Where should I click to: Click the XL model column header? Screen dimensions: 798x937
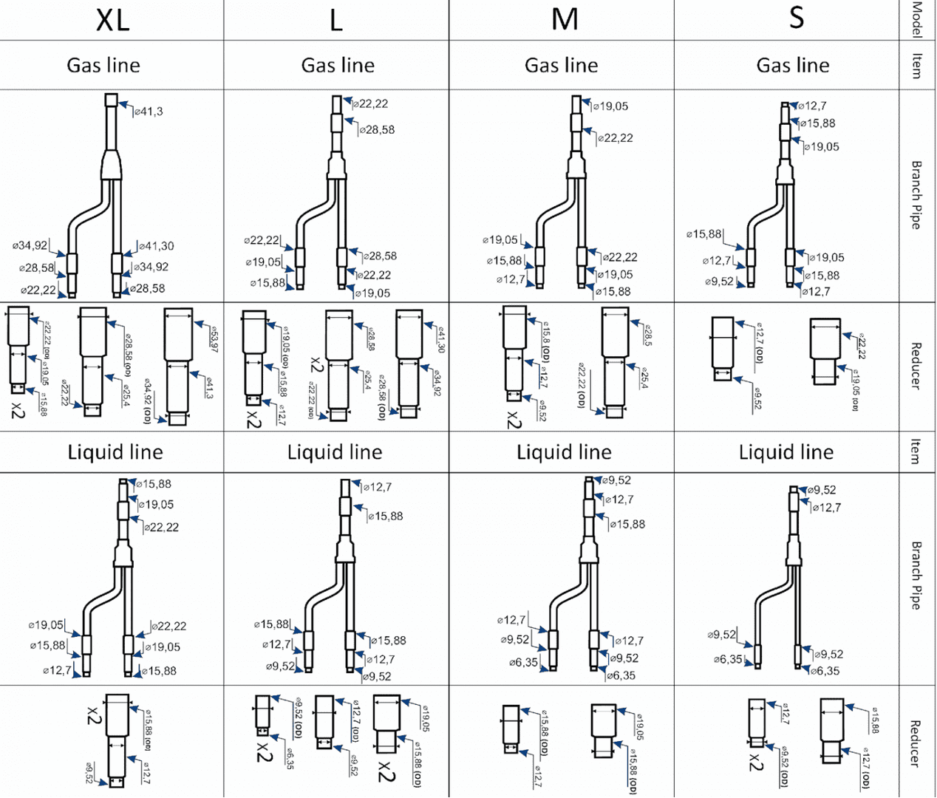pos(112,20)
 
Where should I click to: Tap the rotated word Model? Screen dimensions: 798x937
pos(917,19)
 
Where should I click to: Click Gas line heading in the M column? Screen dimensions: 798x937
pos(561,66)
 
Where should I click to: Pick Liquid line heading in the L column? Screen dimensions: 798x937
pos(335,452)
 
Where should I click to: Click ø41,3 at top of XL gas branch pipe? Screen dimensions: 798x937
pos(149,112)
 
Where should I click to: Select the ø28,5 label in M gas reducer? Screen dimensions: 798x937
pos(647,335)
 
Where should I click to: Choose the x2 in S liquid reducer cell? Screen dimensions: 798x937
pos(755,762)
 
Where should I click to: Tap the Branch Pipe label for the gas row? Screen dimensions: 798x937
pos(916,195)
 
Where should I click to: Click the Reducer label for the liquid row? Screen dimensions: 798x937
pos(915,743)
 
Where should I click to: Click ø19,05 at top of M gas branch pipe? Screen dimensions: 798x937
pos(611,106)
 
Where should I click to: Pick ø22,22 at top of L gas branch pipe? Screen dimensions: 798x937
pos(372,104)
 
